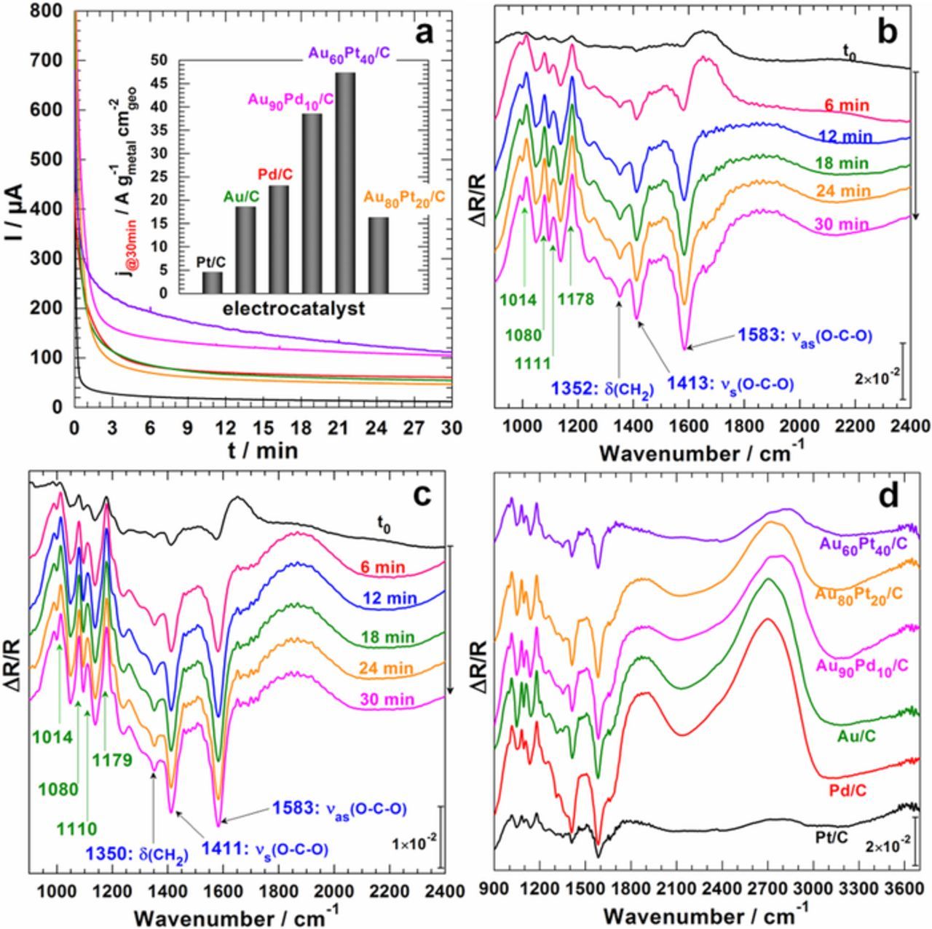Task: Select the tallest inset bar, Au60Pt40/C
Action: (x=345, y=183)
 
